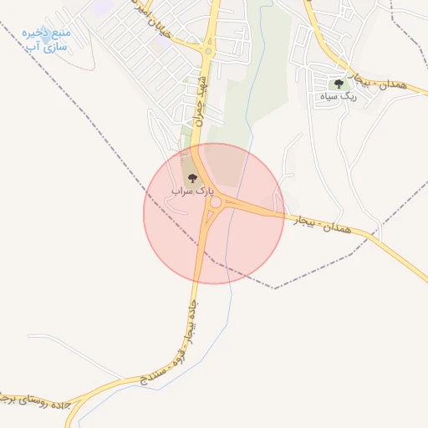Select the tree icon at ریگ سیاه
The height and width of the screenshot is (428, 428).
point(339,83)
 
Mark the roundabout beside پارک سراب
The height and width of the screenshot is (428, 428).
point(216,202)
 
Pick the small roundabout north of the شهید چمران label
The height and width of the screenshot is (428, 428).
point(207,51)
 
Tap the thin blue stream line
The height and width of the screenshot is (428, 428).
point(226,318)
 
